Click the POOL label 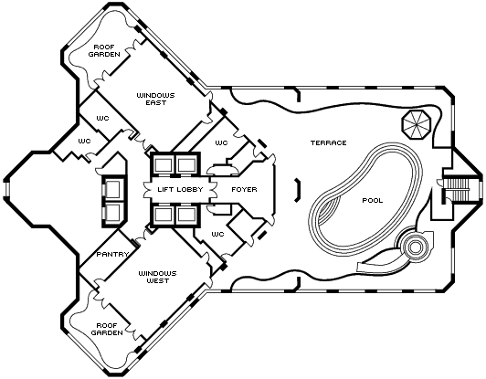(x=373, y=201)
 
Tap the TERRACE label (x=329, y=142)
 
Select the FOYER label (x=244, y=189)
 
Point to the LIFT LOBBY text (x=180, y=189)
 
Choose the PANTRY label (x=112, y=255)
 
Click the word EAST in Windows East (x=156, y=103)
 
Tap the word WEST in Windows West (x=158, y=281)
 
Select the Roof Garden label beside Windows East (x=104, y=51)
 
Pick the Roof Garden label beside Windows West (x=107, y=329)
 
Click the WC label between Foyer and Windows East (x=221, y=142)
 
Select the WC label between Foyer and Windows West (x=217, y=235)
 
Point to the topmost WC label (x=102, y=119)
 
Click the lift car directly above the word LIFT (x=163, y=164)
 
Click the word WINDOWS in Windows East (x=156, y=96)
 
